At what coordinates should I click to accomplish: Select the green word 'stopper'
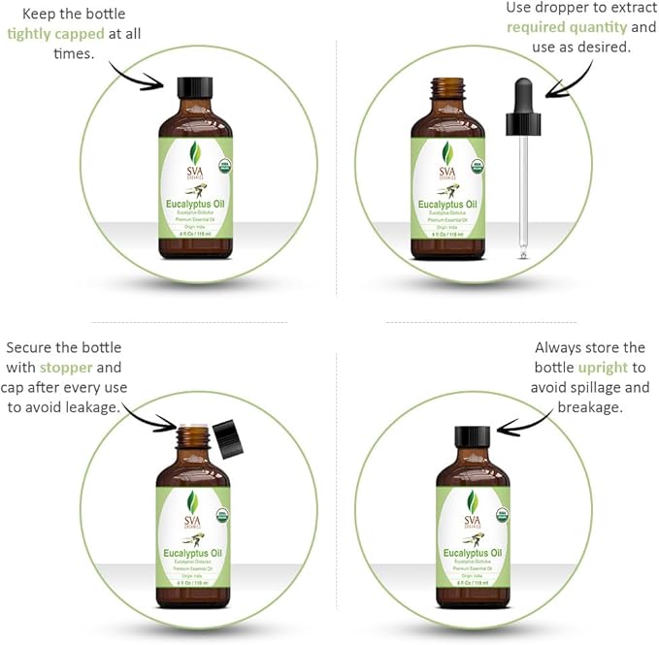coord(67,368)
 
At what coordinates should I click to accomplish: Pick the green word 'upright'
coord(603,368)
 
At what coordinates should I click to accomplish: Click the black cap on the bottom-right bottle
coord(473,437)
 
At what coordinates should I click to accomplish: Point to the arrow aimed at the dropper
coord(572,78)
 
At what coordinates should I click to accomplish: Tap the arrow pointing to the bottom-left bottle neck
coord(151,417)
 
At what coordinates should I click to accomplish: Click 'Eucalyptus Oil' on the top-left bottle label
coord(195,205)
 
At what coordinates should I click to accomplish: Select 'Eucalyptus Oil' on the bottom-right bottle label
coord(473,552)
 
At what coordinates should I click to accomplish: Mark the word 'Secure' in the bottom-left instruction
coord(29,347)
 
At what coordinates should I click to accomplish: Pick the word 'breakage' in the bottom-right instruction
coord(589,407)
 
